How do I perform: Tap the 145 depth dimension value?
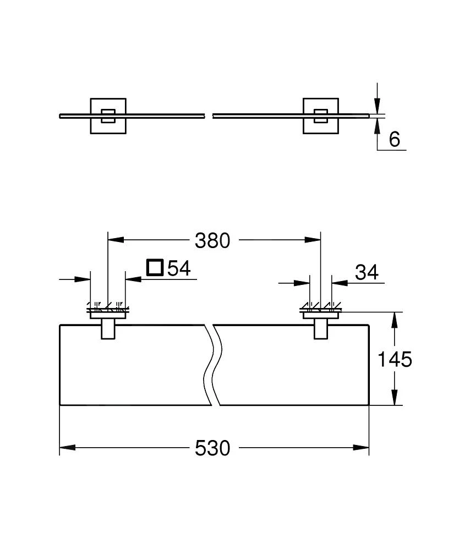tap(395, 359)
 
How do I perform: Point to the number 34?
tap(368, 272)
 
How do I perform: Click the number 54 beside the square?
tap(178, 268)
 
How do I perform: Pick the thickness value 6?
tap(395, 139)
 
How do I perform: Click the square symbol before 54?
tap(155, 268)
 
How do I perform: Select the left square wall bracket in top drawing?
tap(108, 116)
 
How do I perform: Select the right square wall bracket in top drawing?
tap(321, 116)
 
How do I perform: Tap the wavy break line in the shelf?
tap(212, 365)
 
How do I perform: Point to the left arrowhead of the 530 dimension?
tap(66, 448)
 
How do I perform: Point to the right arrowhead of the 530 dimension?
tap(362, 448)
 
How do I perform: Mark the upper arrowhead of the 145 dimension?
tap(395, 320)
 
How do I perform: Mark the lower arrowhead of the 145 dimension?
tap(395, 398)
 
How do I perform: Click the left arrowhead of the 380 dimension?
tap(114, 240)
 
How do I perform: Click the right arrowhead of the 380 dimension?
tap(314, 240)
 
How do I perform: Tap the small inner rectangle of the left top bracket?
tap(108, 116)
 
